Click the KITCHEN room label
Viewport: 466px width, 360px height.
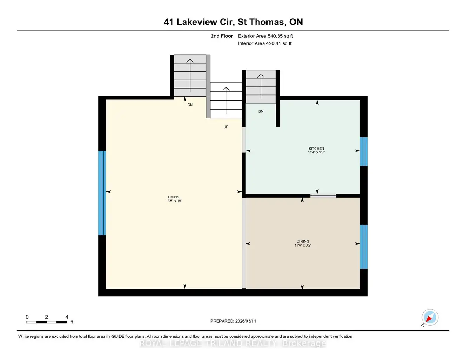(x=316, y=148)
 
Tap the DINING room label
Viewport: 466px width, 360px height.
(x=303, y=241)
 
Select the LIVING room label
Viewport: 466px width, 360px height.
(x=174, y=197)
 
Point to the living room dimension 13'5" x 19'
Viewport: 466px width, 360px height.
(x=174, y=201)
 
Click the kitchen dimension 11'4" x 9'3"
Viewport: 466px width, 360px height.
(x=316, y=152)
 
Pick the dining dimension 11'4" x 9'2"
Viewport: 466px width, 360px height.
(x=303, y=245)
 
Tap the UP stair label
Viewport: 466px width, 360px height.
(x=226, y=127)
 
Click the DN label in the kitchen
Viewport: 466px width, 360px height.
(x=261, y=111)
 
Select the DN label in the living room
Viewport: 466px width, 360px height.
(x=190, y=104)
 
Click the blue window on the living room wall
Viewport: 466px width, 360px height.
(x=102, y=193)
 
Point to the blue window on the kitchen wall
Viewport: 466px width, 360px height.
(x=364, y=152)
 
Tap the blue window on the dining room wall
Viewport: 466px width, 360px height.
(x=364, y=247)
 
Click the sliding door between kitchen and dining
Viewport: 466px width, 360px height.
(x=323, y=195)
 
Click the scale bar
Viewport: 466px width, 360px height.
(x=47, y=322)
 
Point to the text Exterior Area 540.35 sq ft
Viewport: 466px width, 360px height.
(x=265, y=36)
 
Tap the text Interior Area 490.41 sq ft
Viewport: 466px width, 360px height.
(x=264, y=43)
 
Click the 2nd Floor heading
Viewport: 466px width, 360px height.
(x=221, y=36)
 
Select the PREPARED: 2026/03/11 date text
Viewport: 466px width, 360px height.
(x=233, y=321)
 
